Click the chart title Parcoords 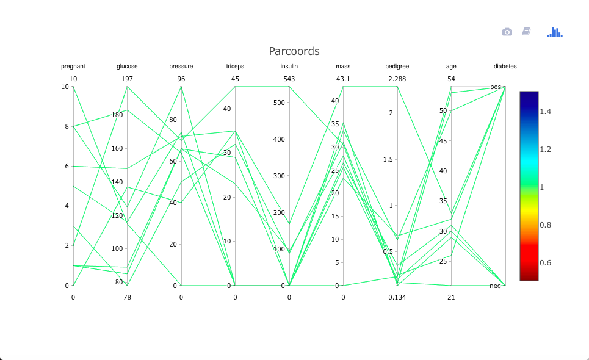pyautogui.click(x=294, y=51)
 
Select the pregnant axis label pyautogui.click(x=73, y=67)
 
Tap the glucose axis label pyautogui.click(x=127, y=67)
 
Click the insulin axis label pyautogui.click(x=289, y=67)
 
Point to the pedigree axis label pyautogui.click(x=397, y=67)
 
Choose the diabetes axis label pyautogui.click(x=505, y=67)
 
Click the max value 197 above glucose pyautogui.click(x=127, y=79)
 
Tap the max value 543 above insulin pyautogui.click(x=289, y=79)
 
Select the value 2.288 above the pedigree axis pyautogui.click(x=397, y=79)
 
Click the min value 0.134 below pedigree pyautogui.click(x=397, y=297)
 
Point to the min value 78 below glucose pyautogui.click(x=127, y=297)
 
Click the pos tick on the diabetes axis pyautogui.click(x=495, y=87)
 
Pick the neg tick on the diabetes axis pyautogui.click(x=495, y=286)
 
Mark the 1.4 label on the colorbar pyautogui.click(x=545, y=112)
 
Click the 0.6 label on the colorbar pyautogui.click(x=545, y=263)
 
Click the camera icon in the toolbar pyautogui.click(x=507, y=32)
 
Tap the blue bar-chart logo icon pyautogui.click(x=555, y=32)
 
